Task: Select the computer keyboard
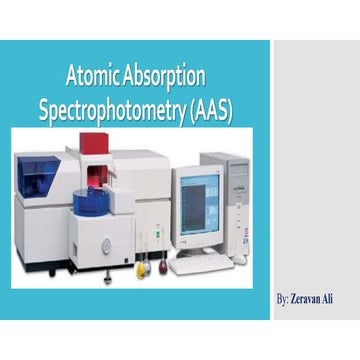coord(200,264)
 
